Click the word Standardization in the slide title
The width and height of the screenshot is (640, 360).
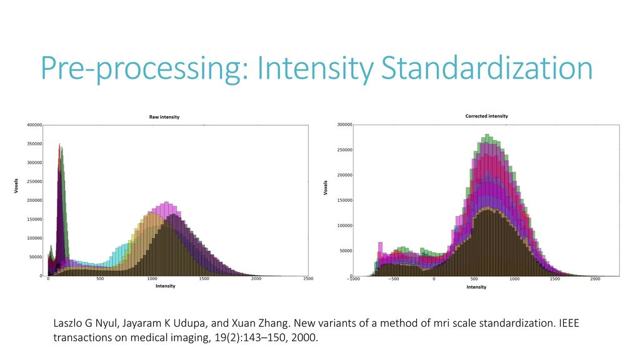click(487, 69)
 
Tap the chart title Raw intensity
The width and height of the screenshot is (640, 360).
click(164, 117)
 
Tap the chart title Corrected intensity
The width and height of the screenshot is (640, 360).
click(486, 116)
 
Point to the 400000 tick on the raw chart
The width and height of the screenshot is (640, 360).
click(34, 125)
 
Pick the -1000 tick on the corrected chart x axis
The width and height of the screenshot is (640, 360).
click(354, 279)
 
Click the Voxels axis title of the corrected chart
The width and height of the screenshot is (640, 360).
click(326, 187)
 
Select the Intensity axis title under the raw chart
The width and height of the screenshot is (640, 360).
click(165, 286)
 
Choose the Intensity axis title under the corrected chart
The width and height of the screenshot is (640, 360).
click(476, 287)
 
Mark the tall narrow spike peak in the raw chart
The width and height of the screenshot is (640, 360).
click(60, 146)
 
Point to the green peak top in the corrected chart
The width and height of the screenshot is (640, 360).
click(487, 136)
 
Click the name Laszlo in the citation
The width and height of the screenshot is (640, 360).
click(72, 326)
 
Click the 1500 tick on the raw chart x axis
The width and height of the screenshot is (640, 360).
click(204, 279)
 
